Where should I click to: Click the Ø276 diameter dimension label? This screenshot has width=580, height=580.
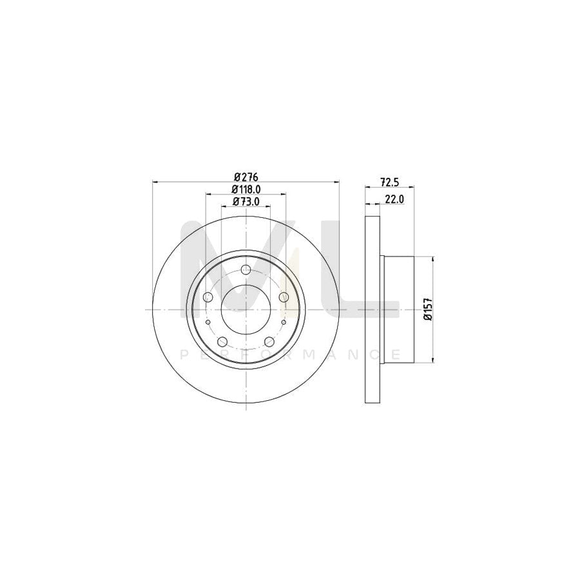click(246, 177)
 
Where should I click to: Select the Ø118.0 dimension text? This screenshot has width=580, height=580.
click(246, 189)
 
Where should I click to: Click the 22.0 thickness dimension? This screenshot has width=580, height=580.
click(394, 199)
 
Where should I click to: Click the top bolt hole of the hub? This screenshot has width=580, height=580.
click(246, 270)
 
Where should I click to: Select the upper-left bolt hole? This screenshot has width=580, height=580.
click(208, 297)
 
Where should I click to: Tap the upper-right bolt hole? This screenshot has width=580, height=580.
click(284, 297)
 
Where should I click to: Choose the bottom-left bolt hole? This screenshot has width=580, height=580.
click(222, 342)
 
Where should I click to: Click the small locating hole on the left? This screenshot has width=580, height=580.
click(208, 322)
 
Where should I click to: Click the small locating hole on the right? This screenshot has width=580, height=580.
click(284, 322)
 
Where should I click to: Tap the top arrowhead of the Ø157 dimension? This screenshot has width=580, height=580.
click(432, 258)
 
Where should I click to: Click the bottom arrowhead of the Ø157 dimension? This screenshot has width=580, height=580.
click(432, 360)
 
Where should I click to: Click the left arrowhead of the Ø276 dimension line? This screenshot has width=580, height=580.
click(155, 182)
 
